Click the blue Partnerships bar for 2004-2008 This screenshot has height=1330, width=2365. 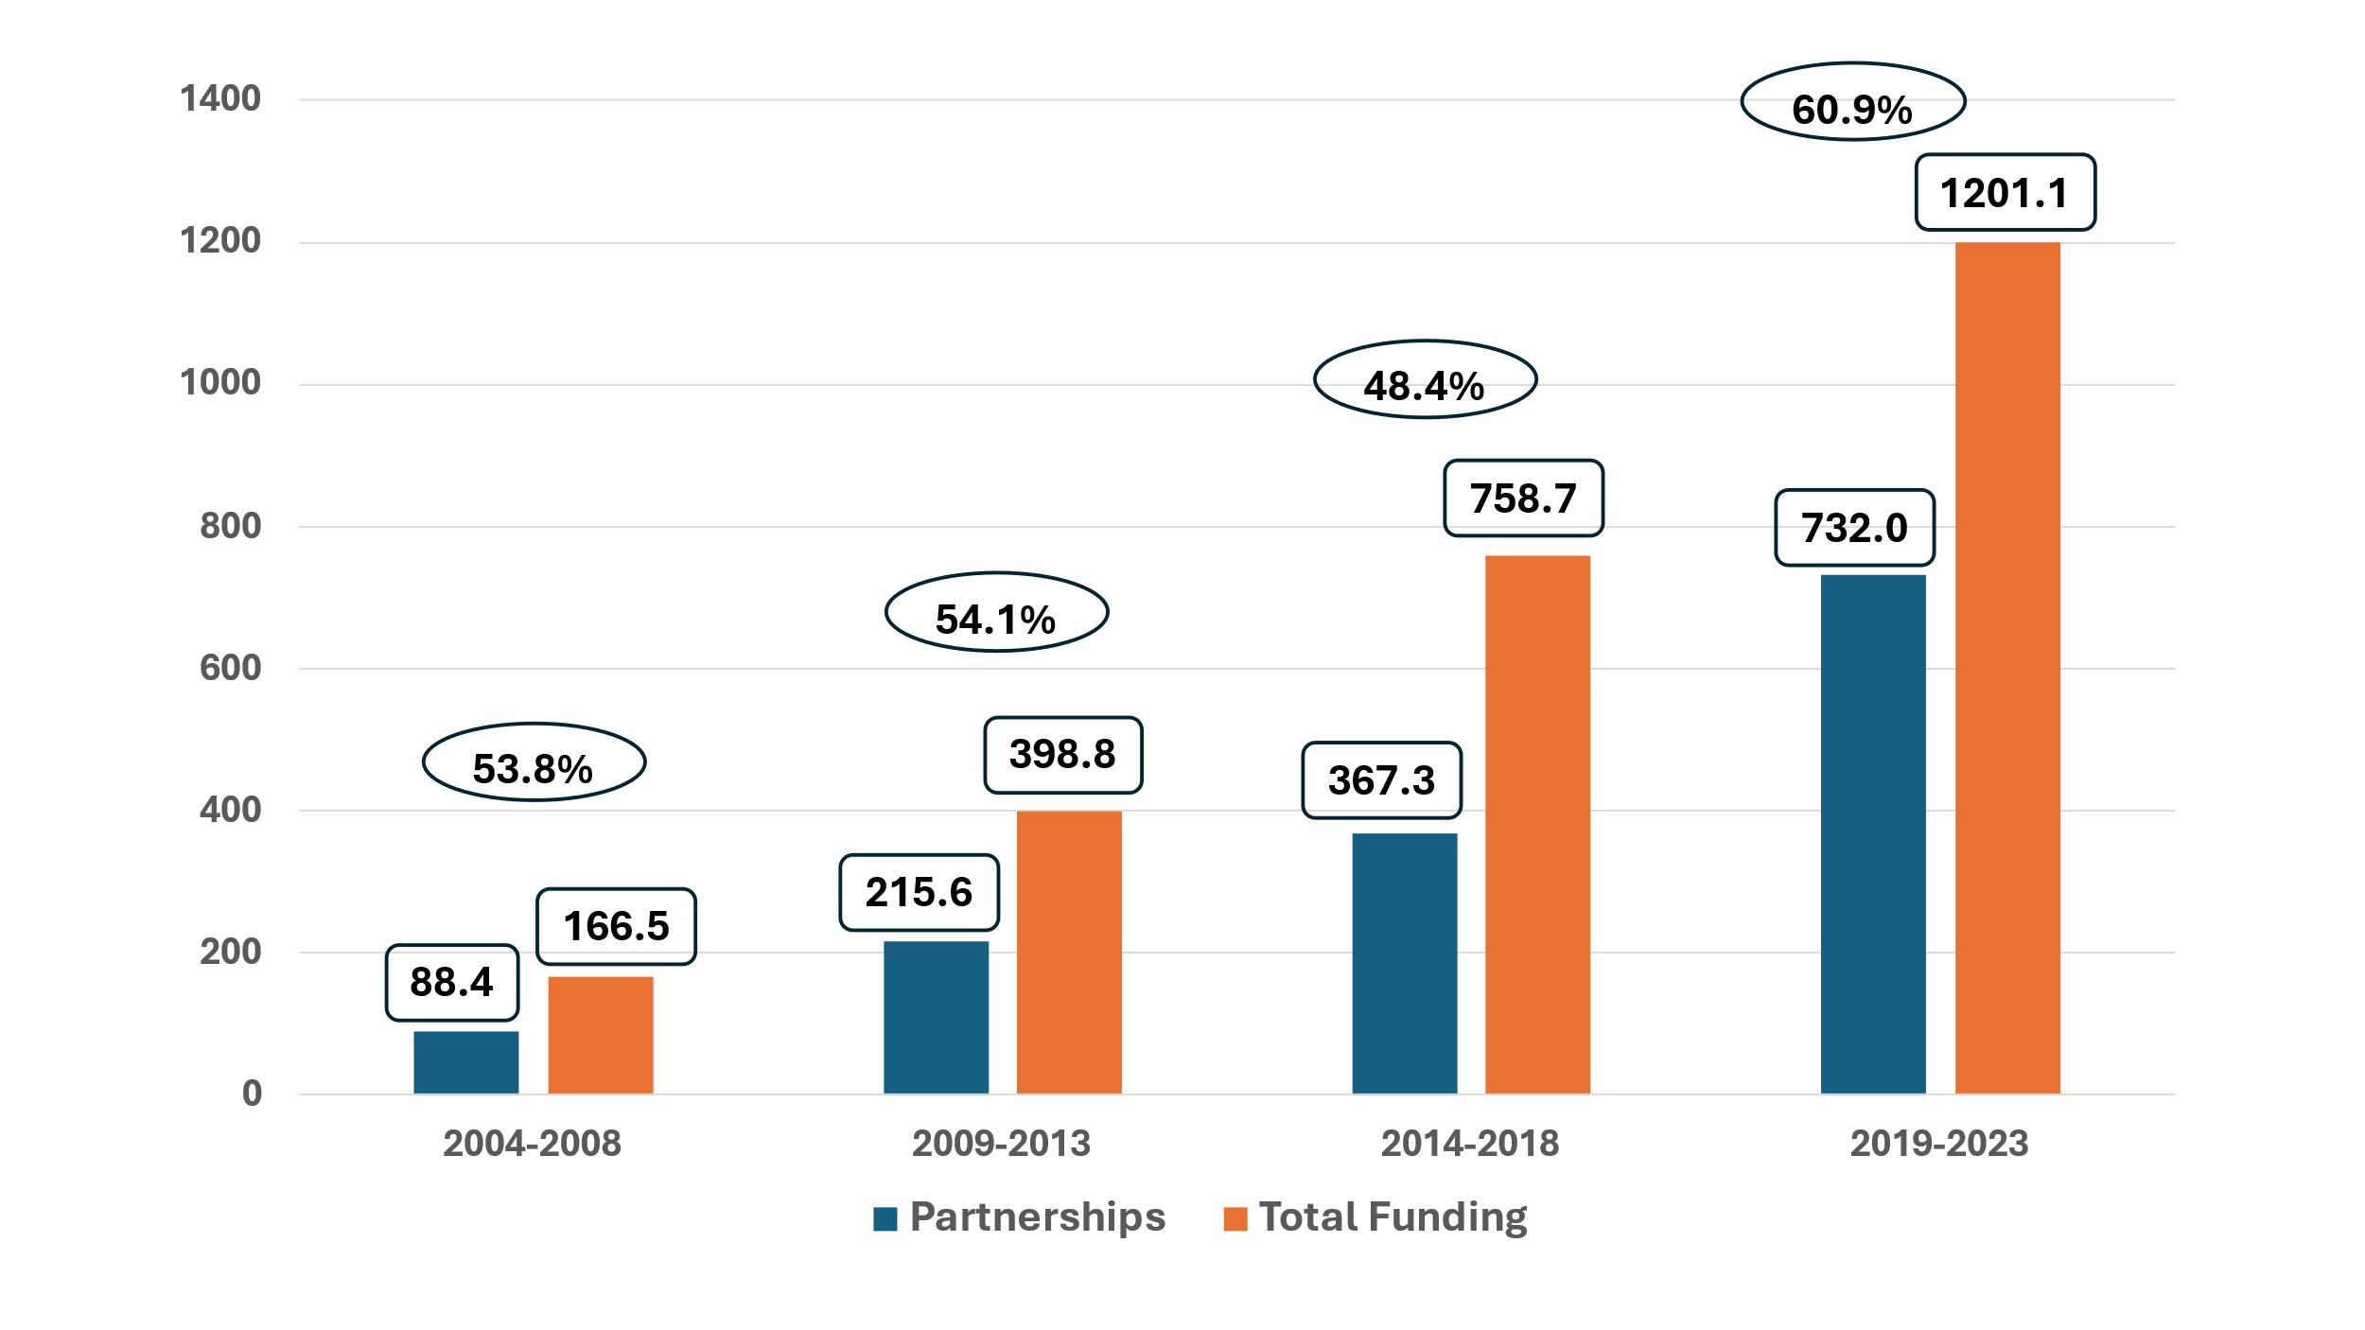click(x=465, y=1061)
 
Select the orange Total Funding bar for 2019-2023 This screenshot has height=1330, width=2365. click(x=2006, y=668)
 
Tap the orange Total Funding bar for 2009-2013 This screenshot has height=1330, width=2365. click(x=1068, y=952)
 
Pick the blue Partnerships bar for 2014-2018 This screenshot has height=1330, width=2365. click(x=1404, y=963)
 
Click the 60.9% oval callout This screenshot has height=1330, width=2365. click(x=1852, y=102)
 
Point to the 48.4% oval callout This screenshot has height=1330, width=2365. click(x=1425, y=379)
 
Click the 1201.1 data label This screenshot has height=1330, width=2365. click(x=2005, y=193)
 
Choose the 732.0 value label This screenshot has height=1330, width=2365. click(x=1854, y=528)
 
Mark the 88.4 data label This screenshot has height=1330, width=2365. click(x=451, y=982)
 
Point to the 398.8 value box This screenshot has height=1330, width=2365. click(x=1062, y=755)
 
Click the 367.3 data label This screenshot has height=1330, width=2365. click(x=1381, y=780)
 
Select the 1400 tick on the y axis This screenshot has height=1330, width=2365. click(x=220, y=99)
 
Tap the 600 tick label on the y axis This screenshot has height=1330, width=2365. click(x=230, y=669)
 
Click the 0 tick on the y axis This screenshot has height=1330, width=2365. click(x=252, y=1094)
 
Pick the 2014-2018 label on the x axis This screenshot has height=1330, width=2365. click(x=1469, y=1144)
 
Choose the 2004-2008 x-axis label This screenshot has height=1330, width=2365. click(x=532, y=1144)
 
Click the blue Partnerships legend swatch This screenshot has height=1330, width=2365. click(x=885, y=1218)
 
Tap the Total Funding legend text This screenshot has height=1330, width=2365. click(x=1393, y=1217)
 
